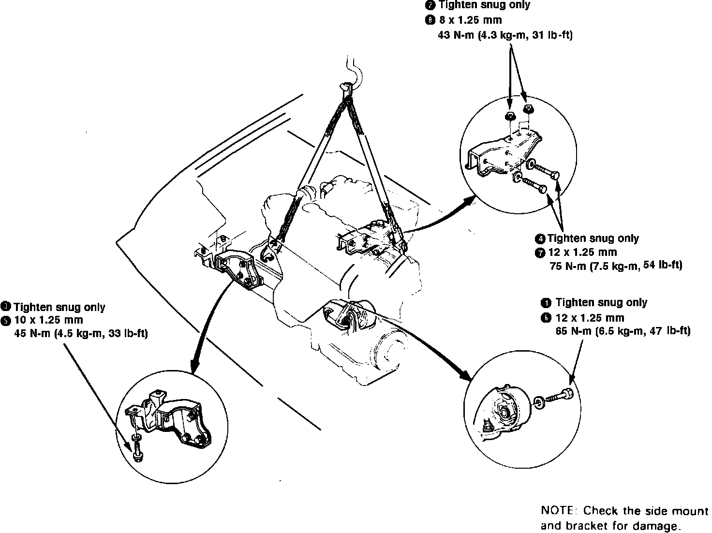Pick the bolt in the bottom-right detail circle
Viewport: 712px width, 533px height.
pos(561,396)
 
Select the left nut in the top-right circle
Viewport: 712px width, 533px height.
pos(509,116)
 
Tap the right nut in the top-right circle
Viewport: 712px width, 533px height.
pos(528,109)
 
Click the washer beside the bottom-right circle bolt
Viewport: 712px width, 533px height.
pos(538,401)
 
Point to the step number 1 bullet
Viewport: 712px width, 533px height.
pos(546,303)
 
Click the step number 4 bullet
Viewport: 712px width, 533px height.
pos(540,239)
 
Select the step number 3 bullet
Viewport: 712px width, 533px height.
pos(5,306)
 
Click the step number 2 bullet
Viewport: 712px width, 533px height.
pos(430,5)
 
